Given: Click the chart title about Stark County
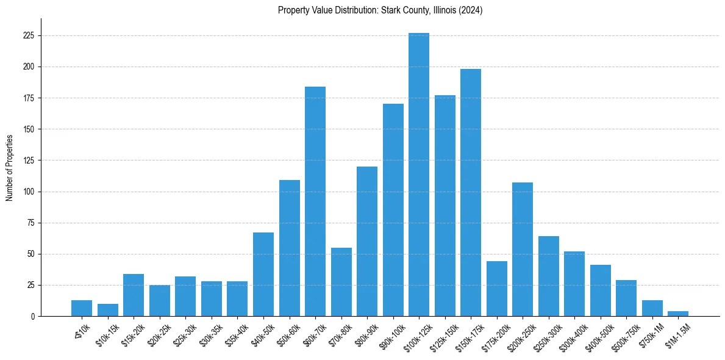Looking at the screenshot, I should (x=380, y=10).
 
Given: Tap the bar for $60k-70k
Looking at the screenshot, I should (x=315, y=201).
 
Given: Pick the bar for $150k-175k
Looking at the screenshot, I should (x=471, y=193).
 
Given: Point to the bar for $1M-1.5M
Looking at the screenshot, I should (x=678, y=314).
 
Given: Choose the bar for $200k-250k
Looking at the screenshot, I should (x=523, y=250).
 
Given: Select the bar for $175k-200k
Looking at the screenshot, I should (x=497, y=289).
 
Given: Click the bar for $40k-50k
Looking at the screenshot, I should (x=263, y=275).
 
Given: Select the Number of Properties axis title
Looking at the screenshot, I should (x=10, y=167).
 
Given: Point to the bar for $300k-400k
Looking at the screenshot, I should (x=574, y=284).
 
